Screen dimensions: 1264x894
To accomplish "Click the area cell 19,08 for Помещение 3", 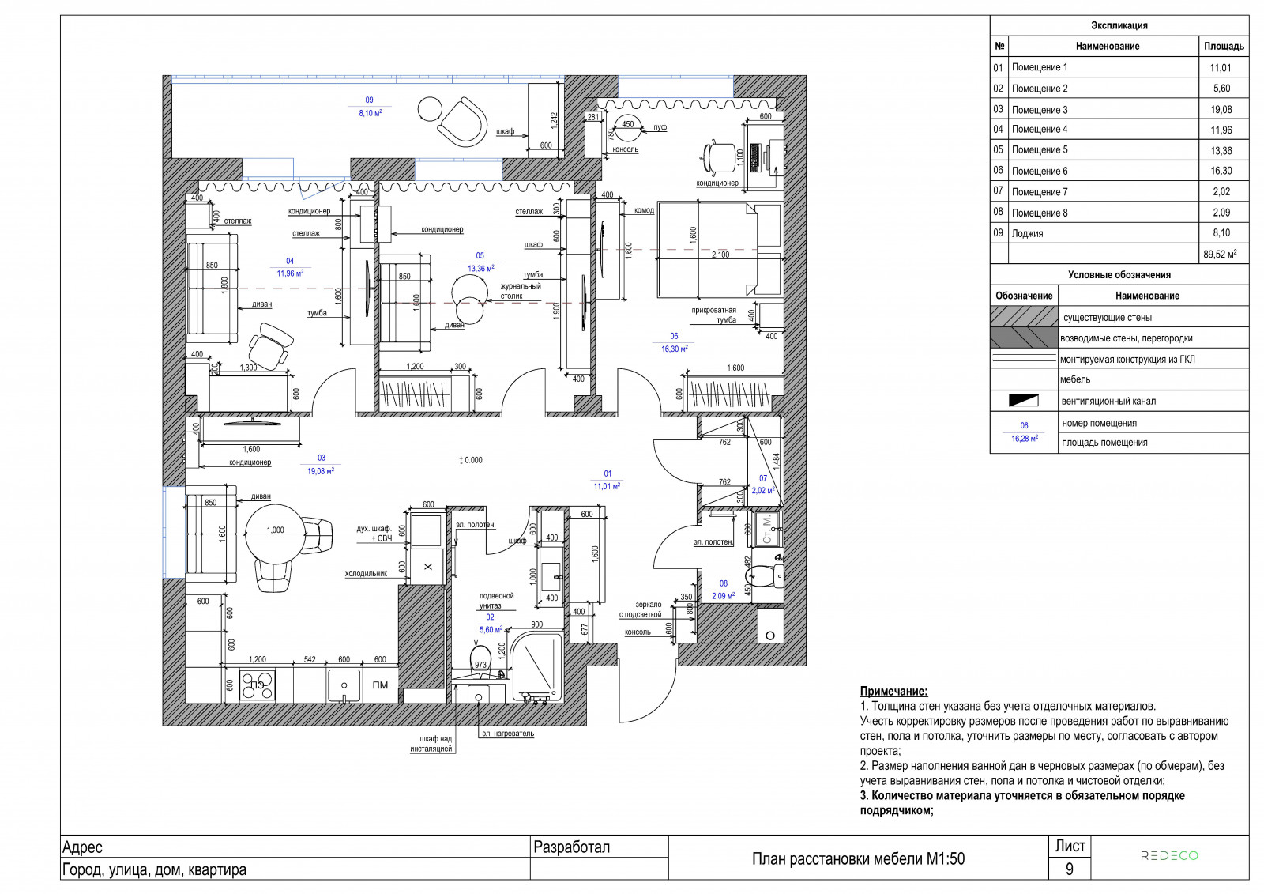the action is (x=1221, y=110).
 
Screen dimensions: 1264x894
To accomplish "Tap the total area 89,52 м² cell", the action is (x=1220, y=255).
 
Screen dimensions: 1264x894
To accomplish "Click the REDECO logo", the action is (x=1169, y=855).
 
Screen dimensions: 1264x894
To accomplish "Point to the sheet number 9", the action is (x=1069, y=869).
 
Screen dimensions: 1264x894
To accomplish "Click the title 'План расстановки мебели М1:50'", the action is (x=858, y=859).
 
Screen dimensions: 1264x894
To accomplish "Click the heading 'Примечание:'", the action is (x=893, y=692).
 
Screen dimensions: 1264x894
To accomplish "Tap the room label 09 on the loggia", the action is (x=369, y=100).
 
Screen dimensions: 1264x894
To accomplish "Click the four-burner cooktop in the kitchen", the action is (x=258, y=685).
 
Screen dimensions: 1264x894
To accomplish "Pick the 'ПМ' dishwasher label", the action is (x=380, y=685).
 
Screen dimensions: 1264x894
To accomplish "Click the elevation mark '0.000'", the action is (x=471, y=460).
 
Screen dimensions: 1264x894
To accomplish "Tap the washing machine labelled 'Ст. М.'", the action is (x=767, y=529).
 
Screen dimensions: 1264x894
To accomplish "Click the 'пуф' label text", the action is (x=660, y=127).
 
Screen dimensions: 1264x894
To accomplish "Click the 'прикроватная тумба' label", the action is (x=714, y=315).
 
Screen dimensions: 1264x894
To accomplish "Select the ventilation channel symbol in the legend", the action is (x=1024, y=401).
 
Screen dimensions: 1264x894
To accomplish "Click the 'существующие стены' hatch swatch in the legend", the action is (x=1024, y=317).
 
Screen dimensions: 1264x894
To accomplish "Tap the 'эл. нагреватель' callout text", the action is (x=507, y=734).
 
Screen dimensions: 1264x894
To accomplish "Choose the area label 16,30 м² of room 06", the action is (x=675, y=349).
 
